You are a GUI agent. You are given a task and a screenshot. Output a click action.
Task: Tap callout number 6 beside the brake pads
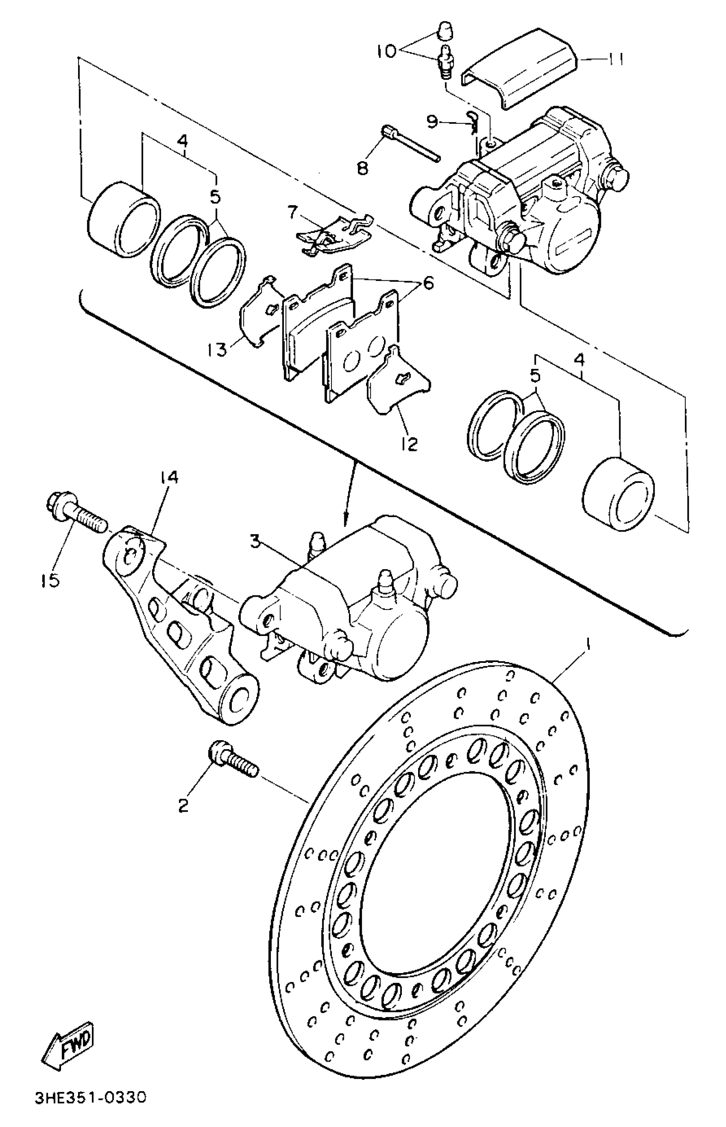click(x=428, y=283)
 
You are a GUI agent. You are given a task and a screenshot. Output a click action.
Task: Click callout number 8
click(x=363, y=168)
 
